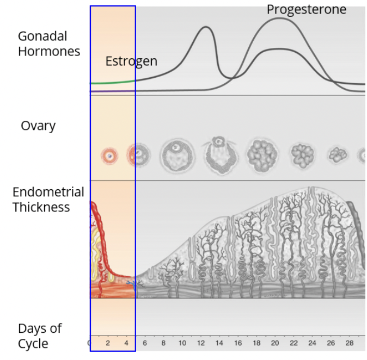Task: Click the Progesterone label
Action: [x=306, y=9]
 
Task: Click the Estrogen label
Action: [x=131, y=61]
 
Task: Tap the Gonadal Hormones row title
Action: [x=48, y=44]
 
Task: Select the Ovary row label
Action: [x=38, y=126]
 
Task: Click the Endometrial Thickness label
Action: [x=48, y=200]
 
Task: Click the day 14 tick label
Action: [x=219, y=343]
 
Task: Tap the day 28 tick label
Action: [x=350, y=343]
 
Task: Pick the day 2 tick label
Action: [x=108, y=343]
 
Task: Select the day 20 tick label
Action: [x=275, y=343]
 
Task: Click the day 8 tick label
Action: [x=163, y=343]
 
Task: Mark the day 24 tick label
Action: [x=312, y=343]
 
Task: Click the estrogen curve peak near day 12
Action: [x=205, y=27]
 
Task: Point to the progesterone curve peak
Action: [x=279, y=18]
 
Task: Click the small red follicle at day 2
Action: [x=109, y=156]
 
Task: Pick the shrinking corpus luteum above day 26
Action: [x=338, y=155]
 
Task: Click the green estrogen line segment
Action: [x=112, y=83]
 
